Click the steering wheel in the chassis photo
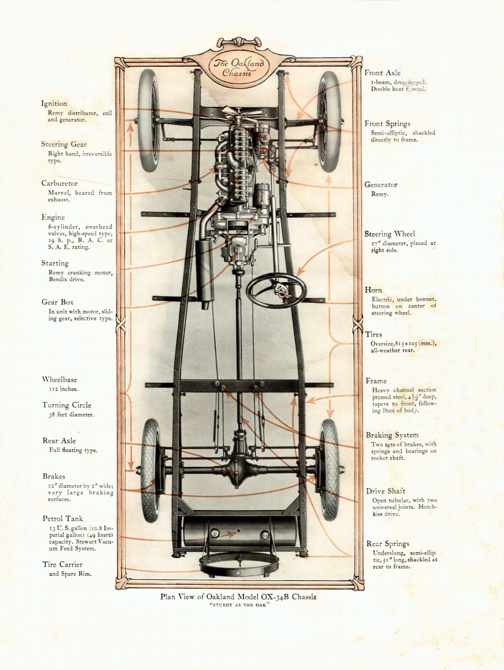(x=276, y=291)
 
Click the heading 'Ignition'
(x=54, y=103)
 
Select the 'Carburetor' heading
(x=59, y=183)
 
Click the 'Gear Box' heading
(x=57, y=302)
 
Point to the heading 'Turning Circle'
(x=67, y=405)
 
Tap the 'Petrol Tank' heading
(x=63, y=518)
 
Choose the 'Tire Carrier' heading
(x=63, y=564)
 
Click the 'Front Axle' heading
(x=382, y=73)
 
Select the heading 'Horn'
(x=373, y=290)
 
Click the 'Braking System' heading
(x=392, y=435)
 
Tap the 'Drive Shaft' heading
(x=386, y=491)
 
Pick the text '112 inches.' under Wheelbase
(x=63, y=389)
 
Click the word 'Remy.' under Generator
(x=380, y=194)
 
